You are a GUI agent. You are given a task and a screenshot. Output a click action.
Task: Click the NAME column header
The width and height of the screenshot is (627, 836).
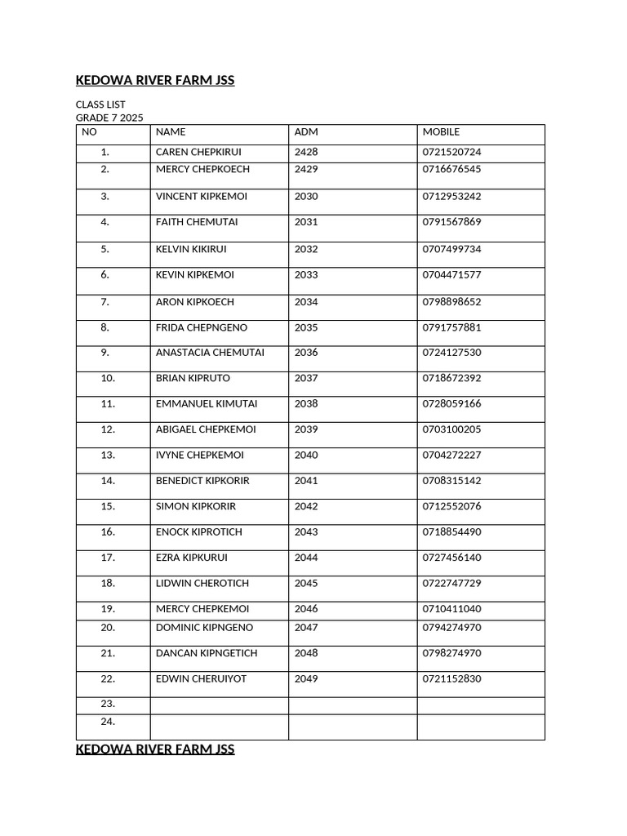[x=171, y=131]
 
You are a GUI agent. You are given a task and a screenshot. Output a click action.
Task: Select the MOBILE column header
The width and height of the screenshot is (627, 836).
[x=441, y=131]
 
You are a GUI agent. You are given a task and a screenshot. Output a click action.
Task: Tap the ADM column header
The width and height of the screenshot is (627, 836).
[x=306, y=131]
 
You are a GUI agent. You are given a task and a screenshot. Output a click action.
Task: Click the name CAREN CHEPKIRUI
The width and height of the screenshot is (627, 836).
[x=198, y=152]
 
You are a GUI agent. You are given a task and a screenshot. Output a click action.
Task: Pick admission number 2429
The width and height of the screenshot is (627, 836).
[x=306, y=169]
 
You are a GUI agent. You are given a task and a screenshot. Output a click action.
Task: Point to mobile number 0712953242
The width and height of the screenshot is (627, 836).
[x=451, y=196]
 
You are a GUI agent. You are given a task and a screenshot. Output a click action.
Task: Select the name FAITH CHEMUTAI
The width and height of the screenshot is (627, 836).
[x=197, y=222]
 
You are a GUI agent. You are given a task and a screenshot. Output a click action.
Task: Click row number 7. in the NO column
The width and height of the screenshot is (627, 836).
[x=105, y=302]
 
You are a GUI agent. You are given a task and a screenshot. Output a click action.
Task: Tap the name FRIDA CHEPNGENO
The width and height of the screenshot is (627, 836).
[x=202, y=327]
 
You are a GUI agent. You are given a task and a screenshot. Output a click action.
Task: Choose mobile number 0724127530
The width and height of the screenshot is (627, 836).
[x=451, y=353]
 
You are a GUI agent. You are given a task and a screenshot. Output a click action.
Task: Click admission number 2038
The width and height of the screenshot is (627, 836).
[x=306, y=403]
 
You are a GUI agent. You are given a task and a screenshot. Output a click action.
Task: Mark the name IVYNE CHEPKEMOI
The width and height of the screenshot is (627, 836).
[x=199, y=455]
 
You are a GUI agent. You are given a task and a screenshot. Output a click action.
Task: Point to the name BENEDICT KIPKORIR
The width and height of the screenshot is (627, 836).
[x=202, y=481]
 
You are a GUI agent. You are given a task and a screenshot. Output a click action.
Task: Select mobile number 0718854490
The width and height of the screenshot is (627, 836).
[x=451, y=531]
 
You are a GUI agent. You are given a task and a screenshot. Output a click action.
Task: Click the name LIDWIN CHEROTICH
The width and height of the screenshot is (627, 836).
[x=202, y=583]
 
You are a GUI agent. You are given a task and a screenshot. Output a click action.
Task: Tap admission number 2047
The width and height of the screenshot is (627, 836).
[x=306, y=628]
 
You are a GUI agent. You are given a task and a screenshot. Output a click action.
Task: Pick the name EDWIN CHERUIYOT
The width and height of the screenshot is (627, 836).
[x=201, y=678]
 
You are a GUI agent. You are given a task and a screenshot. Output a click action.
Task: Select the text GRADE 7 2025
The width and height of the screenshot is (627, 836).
[x=109, y=118]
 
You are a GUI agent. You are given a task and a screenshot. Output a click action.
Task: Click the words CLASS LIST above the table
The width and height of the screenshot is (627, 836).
[x=100, y=105]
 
